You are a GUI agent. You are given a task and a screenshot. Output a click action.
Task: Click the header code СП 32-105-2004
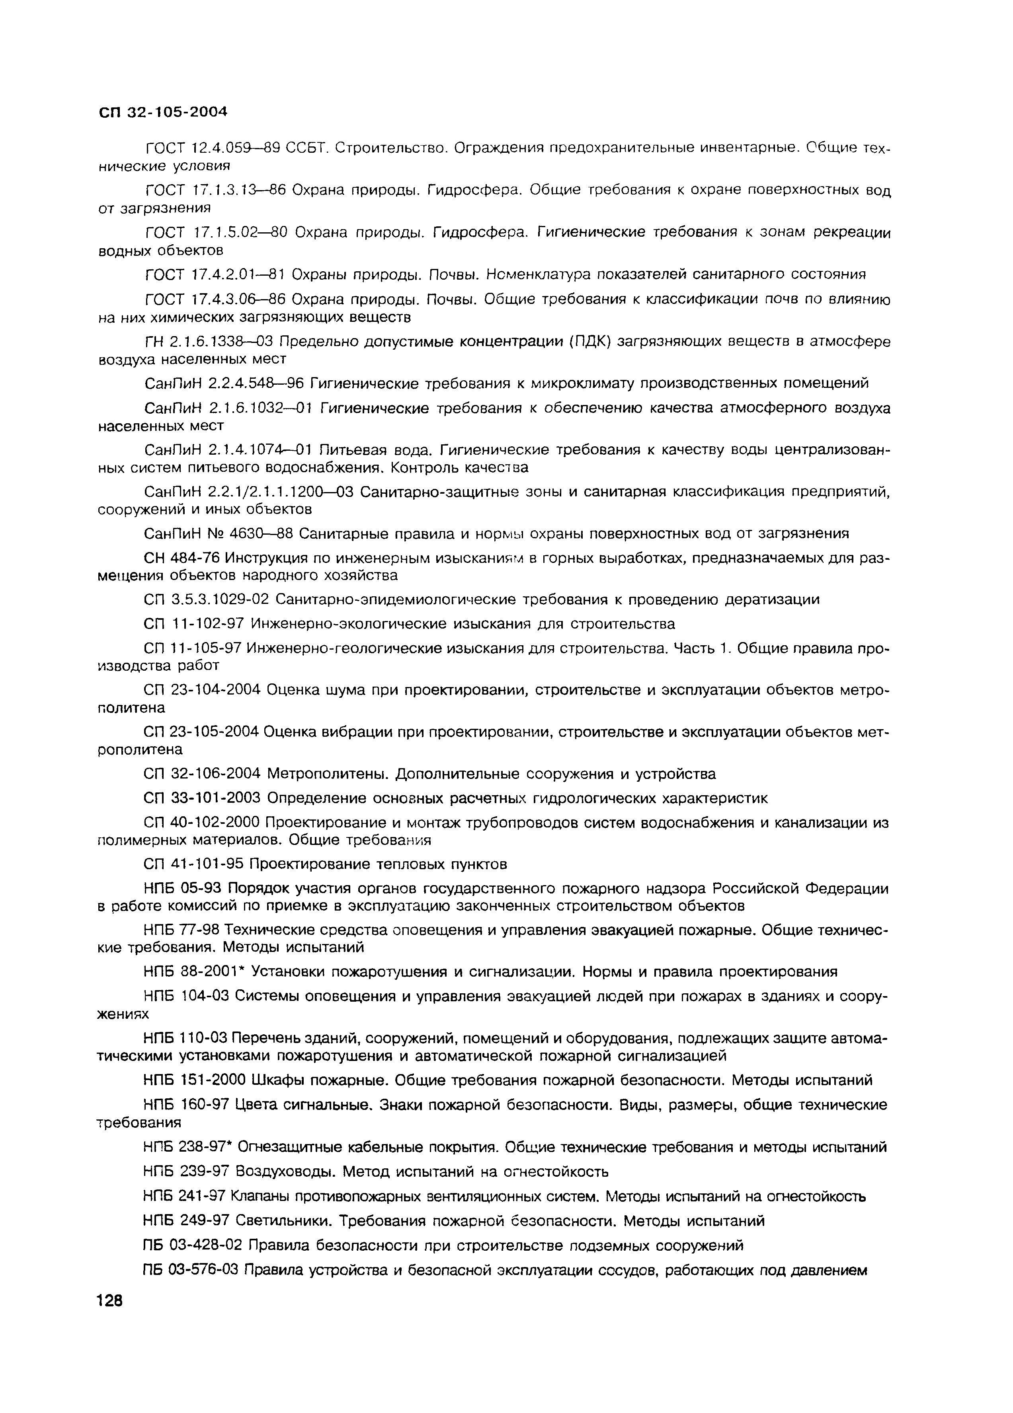pos(163,112)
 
